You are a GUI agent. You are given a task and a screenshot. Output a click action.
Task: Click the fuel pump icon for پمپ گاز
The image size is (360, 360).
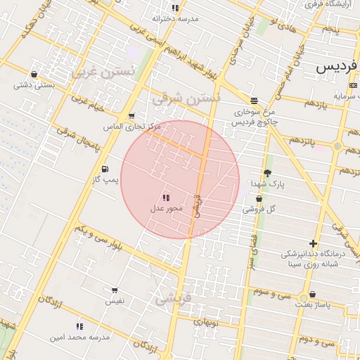(105, 169)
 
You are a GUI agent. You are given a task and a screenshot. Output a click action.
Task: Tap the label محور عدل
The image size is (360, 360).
(167, 208)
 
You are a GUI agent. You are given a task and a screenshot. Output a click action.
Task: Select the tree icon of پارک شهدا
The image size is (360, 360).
(267, 173)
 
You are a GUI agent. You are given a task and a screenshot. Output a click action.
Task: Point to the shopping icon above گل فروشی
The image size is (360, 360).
(259, 198)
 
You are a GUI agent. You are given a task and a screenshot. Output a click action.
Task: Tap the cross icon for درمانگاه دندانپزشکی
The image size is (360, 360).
(313, 243)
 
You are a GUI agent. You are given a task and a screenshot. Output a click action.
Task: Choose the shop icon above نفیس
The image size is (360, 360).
(115, 290)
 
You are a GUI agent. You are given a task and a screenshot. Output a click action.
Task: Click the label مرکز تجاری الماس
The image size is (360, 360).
(132, 127)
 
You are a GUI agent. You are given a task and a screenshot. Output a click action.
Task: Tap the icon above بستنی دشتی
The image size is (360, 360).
(34, 74)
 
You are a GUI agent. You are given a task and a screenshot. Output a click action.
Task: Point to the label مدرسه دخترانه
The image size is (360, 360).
(175, 19)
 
